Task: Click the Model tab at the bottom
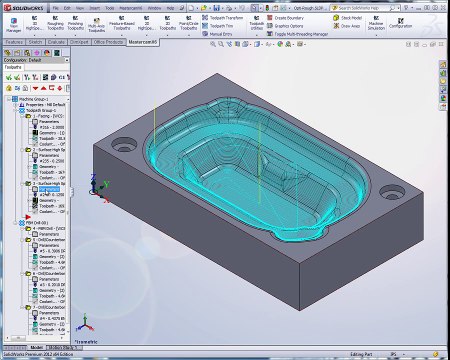[38, 347]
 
